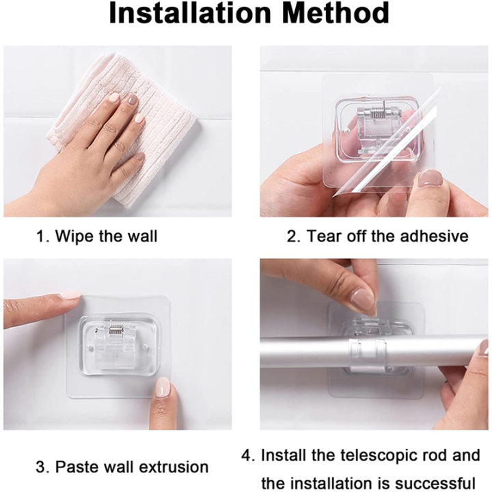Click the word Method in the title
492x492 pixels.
[332, 15]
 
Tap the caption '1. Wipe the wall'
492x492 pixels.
[96, 237]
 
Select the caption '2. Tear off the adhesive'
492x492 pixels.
[377, 237]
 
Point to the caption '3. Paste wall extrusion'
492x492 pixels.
[122, 467]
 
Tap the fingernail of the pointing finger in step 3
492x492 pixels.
[70, 295]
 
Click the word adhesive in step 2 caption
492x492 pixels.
[440, 237]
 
